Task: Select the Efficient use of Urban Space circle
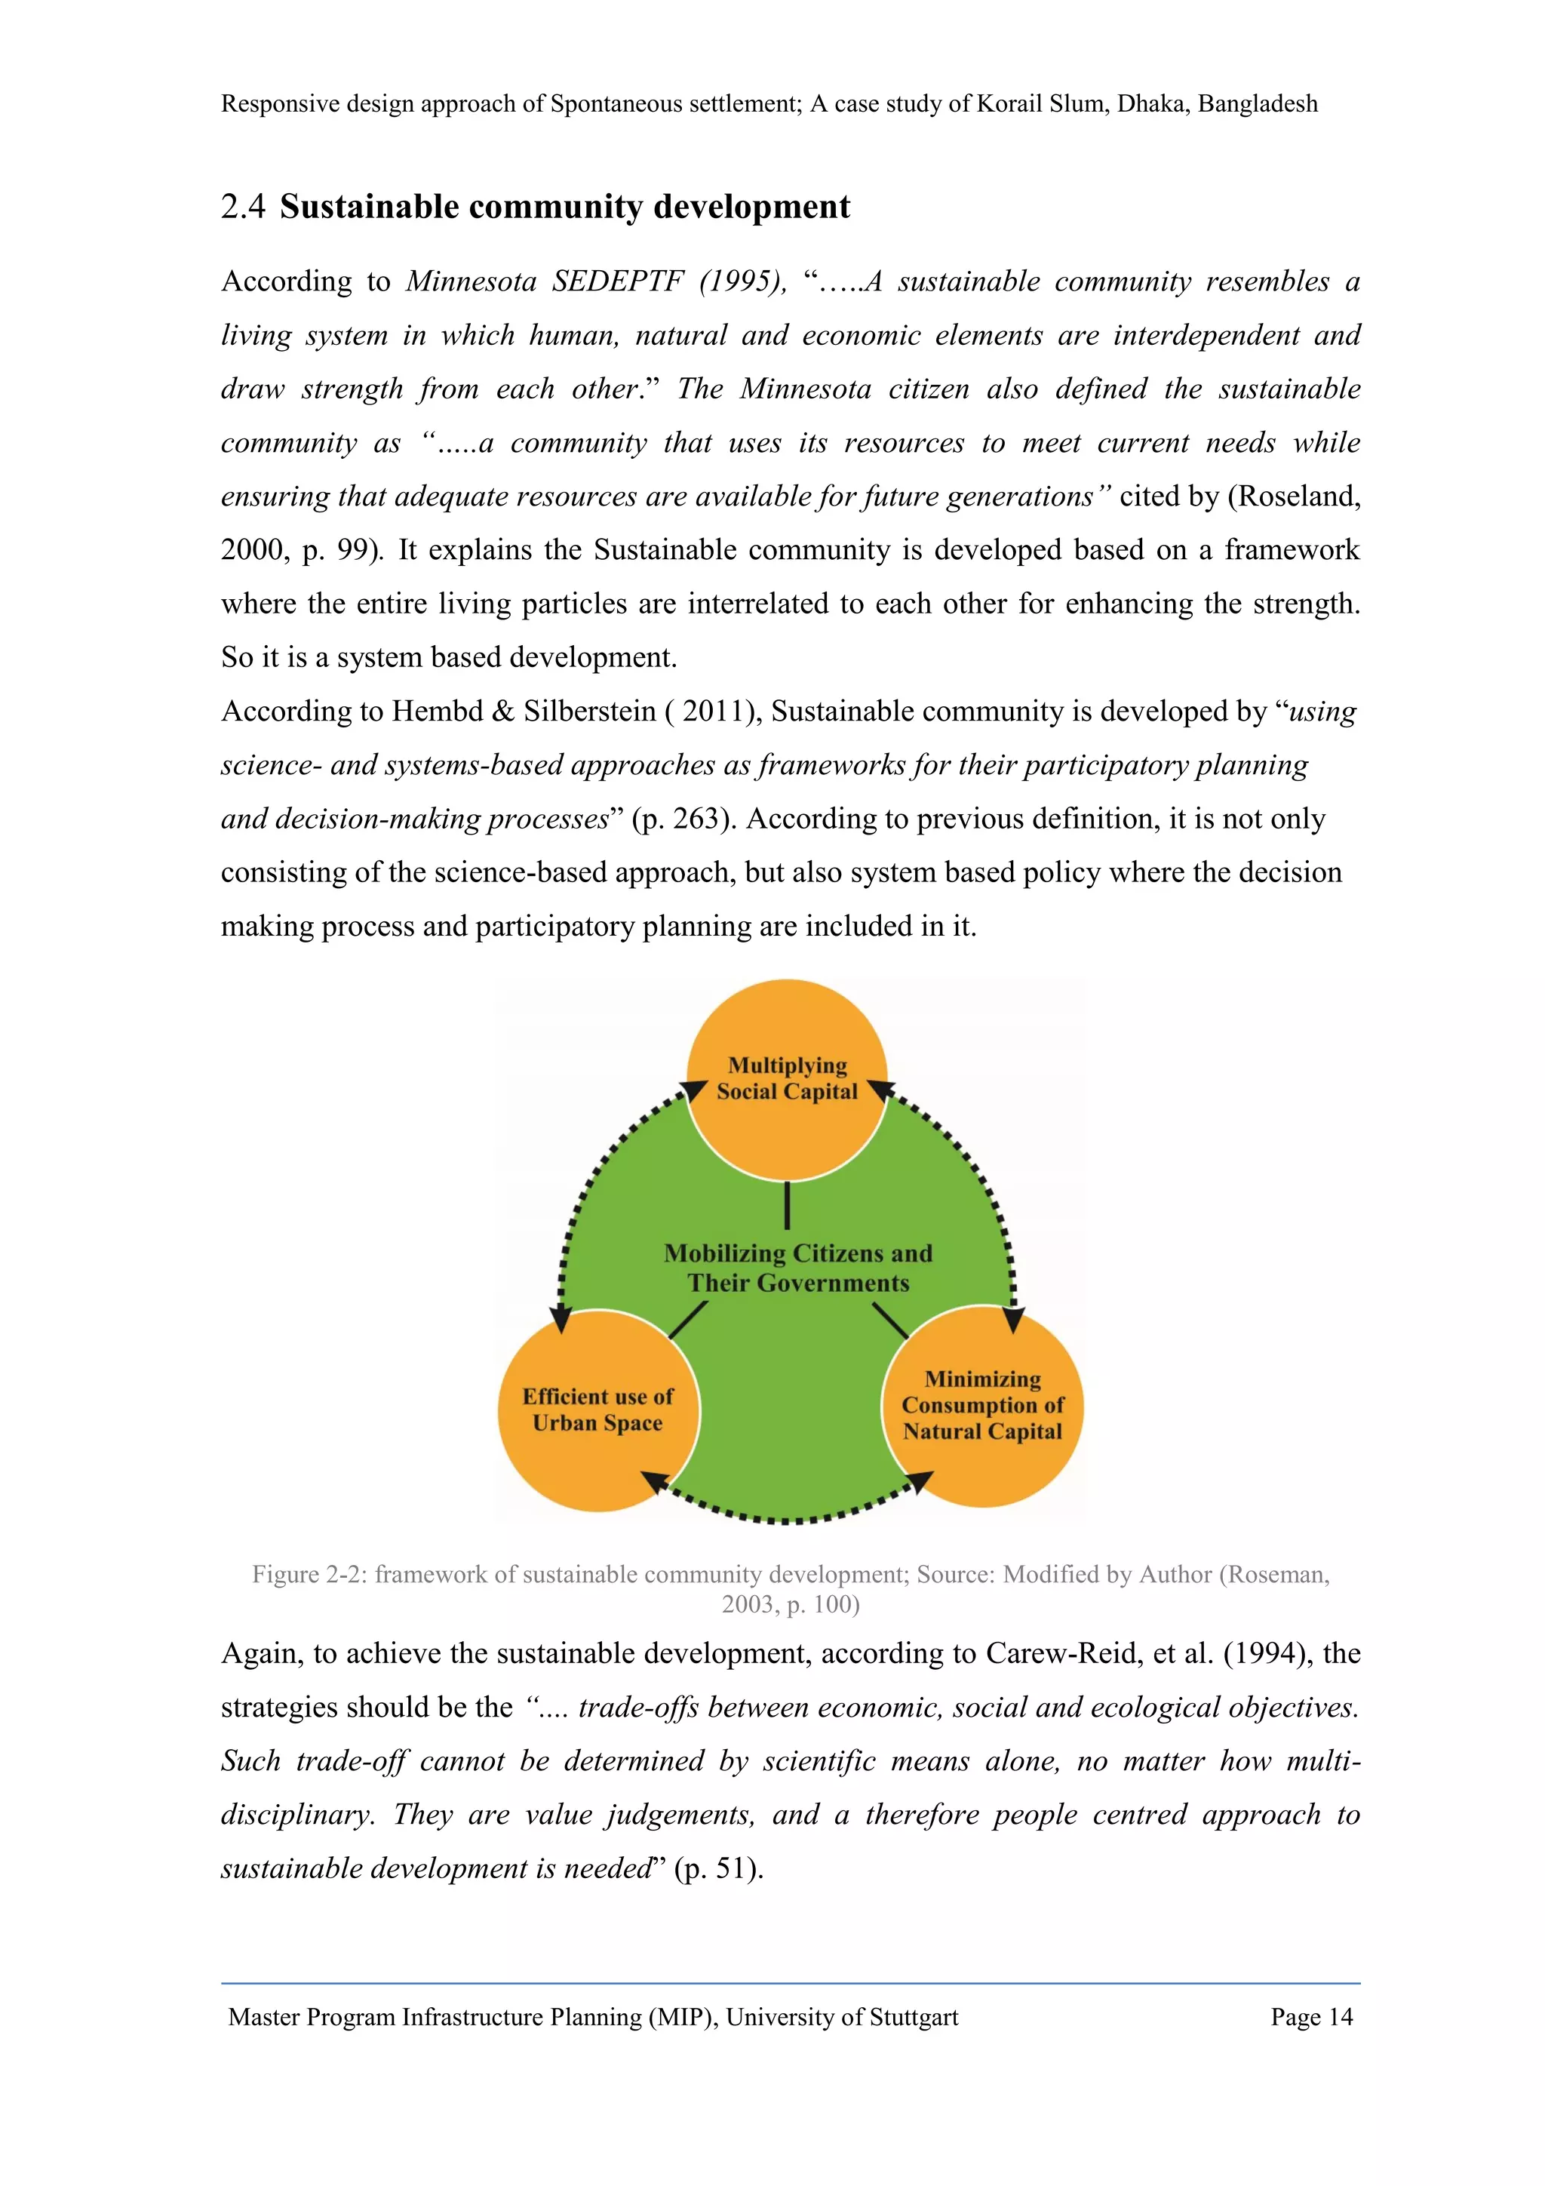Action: (597, 1410)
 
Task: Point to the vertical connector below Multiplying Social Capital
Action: (788, 1204)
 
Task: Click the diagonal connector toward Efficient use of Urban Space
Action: (687, 1320)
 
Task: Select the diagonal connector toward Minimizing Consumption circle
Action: (890, 1320)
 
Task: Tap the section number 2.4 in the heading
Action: (243, 207)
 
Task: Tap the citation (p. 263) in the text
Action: (683, 819)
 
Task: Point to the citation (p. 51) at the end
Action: (717, 1868)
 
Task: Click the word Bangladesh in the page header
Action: (1258, 104)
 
